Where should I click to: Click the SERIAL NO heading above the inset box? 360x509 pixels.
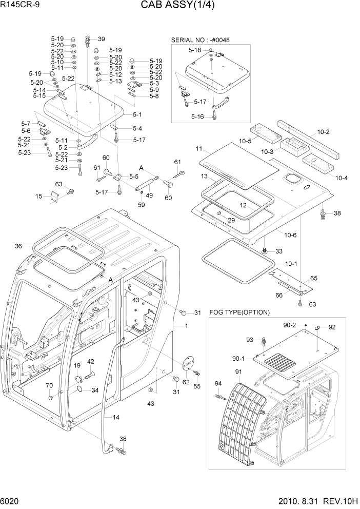tap(202, 40)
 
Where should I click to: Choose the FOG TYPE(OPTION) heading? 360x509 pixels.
tap(239, 312)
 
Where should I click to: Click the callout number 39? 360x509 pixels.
tap(101, 39)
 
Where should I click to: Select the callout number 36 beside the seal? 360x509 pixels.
tap(18, 246)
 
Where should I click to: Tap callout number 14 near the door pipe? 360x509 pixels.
tap(116, 418)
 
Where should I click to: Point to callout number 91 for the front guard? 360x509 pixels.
tap(238, 371)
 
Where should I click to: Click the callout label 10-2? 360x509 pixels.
tap(324, 132)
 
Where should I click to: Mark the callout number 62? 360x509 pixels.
tap(186, 382)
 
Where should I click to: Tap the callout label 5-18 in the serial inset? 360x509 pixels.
tap(194, 50)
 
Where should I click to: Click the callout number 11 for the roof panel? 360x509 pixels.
tap(198, 149)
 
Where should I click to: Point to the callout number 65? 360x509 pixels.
tap(313, 278)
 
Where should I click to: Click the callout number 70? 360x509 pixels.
tap(49, 385)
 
